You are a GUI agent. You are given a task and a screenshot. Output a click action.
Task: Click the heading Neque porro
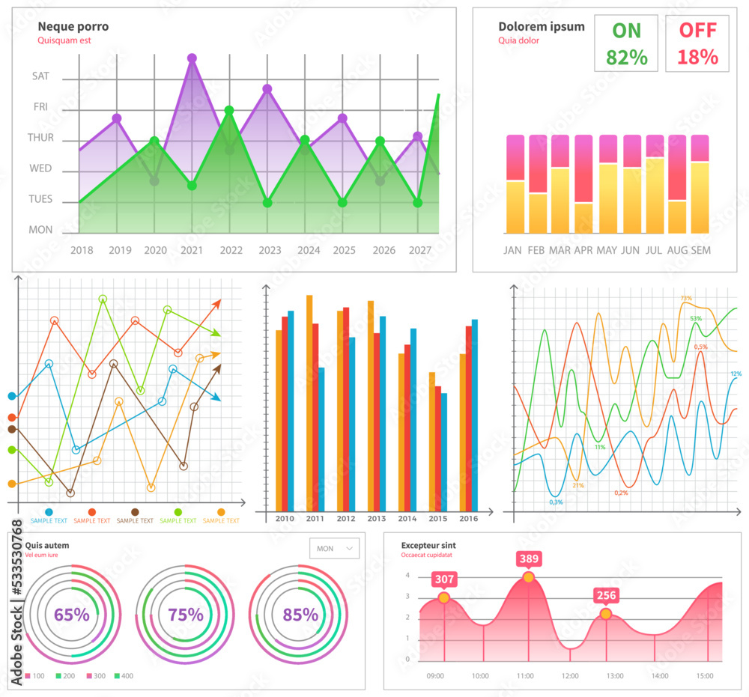click(x=73, y=26)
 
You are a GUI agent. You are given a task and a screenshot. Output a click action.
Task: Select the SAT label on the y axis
click(x=40, y=76)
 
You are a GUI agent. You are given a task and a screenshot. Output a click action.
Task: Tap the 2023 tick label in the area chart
click(x=269, y=250)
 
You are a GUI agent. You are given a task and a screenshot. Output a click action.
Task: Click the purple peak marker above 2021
click(x=192, y=58)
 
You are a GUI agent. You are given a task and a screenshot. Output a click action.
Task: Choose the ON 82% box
click(x=626, y=43)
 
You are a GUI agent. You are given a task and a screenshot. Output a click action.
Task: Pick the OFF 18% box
click(x=697, y=43)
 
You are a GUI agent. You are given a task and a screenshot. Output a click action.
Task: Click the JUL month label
click(x=655, y=250)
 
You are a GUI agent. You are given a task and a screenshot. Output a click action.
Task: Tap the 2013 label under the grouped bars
click(x=376, y=518)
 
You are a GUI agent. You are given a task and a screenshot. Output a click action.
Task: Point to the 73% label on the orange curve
click(x=686, y=298)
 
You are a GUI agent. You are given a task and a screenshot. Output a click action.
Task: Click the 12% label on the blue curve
click(x=736, y=374)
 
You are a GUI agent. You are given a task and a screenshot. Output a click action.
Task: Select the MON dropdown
click(x=334, y=548)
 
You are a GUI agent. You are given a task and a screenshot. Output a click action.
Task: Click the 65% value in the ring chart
click(x=71, y=615)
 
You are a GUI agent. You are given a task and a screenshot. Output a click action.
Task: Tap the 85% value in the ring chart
click(x=300, y=615)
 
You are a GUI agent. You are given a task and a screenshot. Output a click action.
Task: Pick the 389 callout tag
click(x=528, y=558)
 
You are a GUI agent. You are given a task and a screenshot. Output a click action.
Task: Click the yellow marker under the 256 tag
click(x=605, y=614)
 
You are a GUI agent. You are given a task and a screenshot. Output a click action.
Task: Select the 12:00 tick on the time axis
click(x=570, y=675)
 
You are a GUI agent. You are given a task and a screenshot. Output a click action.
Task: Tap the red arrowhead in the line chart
click(x=217, y=303)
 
